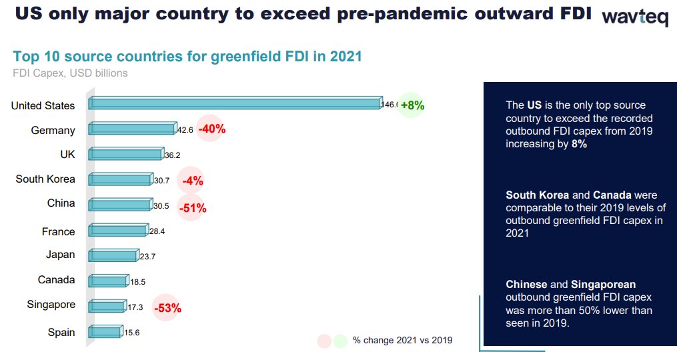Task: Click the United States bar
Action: click(235, 103)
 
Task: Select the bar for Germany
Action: click(133, 128)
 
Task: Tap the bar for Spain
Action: click(106, 331)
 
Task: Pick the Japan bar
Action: click(114, 255)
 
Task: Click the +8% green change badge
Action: click(411, 105)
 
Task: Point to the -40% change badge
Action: click(211, 128)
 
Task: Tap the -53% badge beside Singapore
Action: click(167, 308)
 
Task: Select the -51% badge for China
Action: click(191, 207)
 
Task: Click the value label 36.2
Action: click(172, 155)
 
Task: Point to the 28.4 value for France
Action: click(157, 231)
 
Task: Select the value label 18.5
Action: click(137, 282)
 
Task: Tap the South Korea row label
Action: click(45, 179)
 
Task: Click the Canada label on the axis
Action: click(56, 280)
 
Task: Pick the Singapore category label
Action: click(51, 305)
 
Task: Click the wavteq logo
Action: click(635, 17)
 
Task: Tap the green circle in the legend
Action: click(340, 341)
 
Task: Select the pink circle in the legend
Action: click(324, 341)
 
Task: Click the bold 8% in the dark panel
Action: click(579, 144)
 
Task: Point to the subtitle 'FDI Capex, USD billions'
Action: click(71, 73)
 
